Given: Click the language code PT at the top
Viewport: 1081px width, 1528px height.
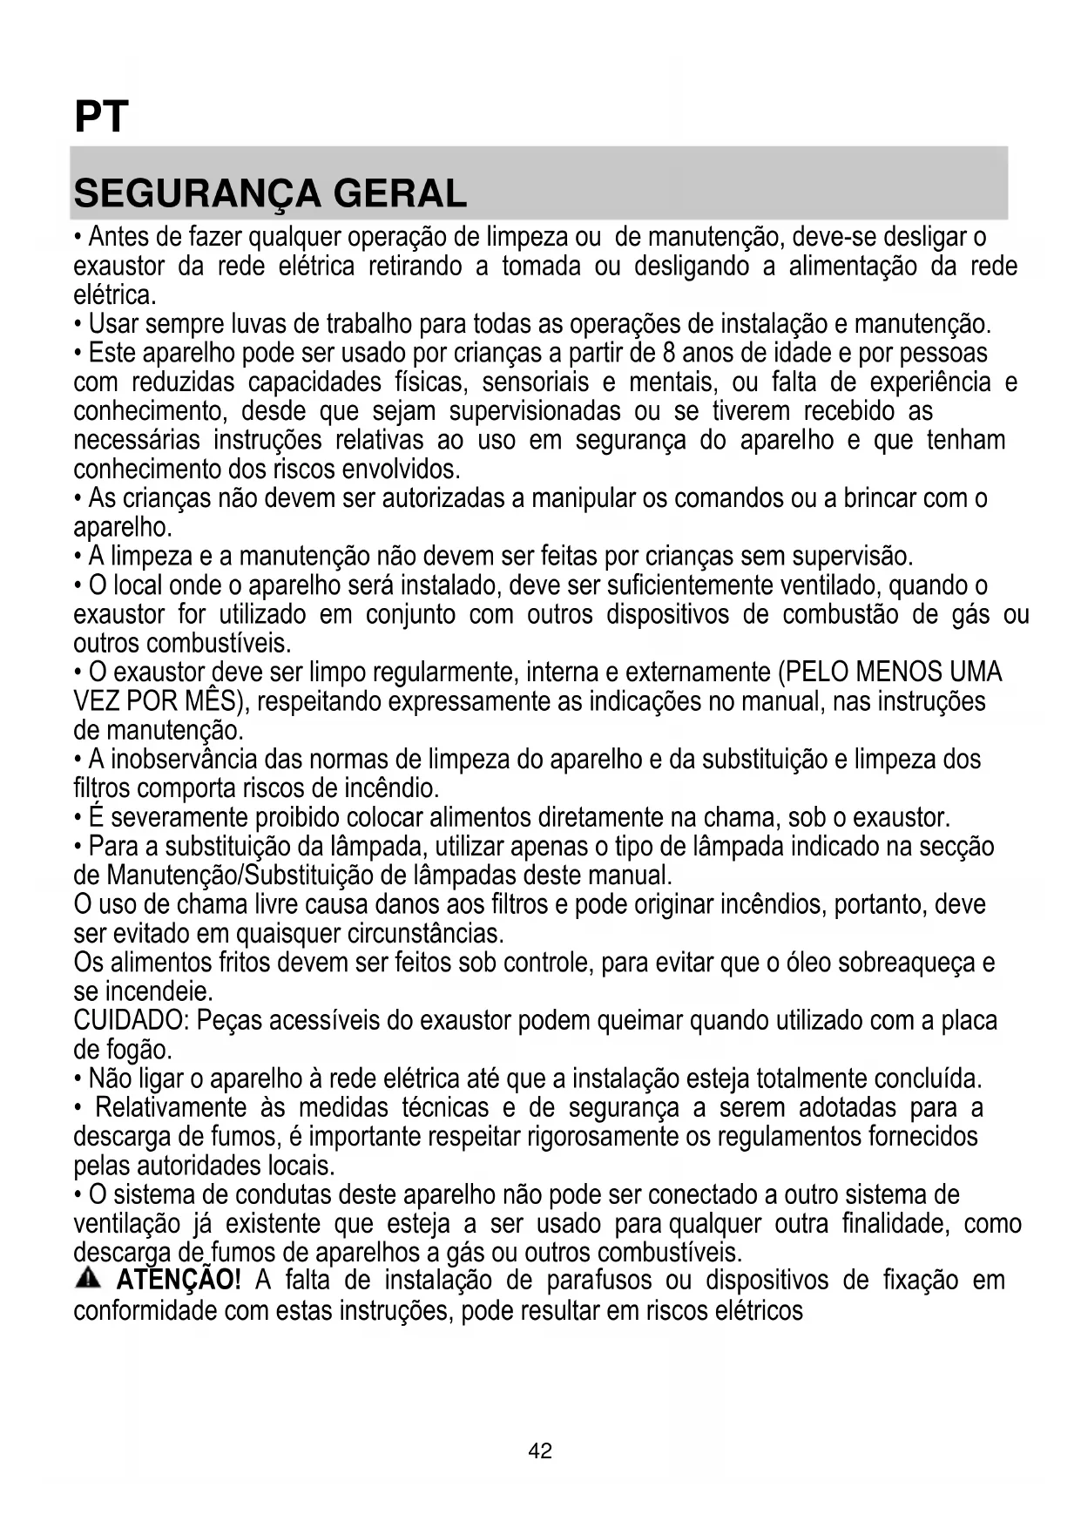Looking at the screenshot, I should click(101, 117).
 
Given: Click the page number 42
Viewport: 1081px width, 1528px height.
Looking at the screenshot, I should click(540, 1451).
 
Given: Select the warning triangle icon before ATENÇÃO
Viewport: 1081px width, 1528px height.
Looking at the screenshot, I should click(88, 1279).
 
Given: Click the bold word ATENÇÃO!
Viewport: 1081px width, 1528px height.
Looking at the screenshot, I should click(179, 1281).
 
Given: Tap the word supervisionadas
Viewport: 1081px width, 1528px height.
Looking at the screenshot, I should click(535, 411).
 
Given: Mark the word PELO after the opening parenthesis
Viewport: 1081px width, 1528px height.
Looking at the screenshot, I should click(816, 673).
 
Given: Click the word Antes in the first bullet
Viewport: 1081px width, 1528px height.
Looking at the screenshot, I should click(122, 237).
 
